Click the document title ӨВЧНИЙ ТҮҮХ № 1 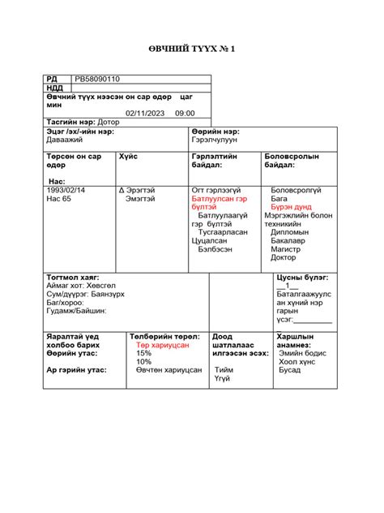pos(192,50)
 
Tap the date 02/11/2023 pos(145,114)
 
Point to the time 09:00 pos(185,114)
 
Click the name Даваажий pos(65,139)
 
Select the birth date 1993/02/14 pos(68,190)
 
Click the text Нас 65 pos(58,198)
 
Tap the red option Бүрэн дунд pos(288,207)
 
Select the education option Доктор pos(284,257)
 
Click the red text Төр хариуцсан pos(163,345)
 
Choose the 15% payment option pos(143,353)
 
